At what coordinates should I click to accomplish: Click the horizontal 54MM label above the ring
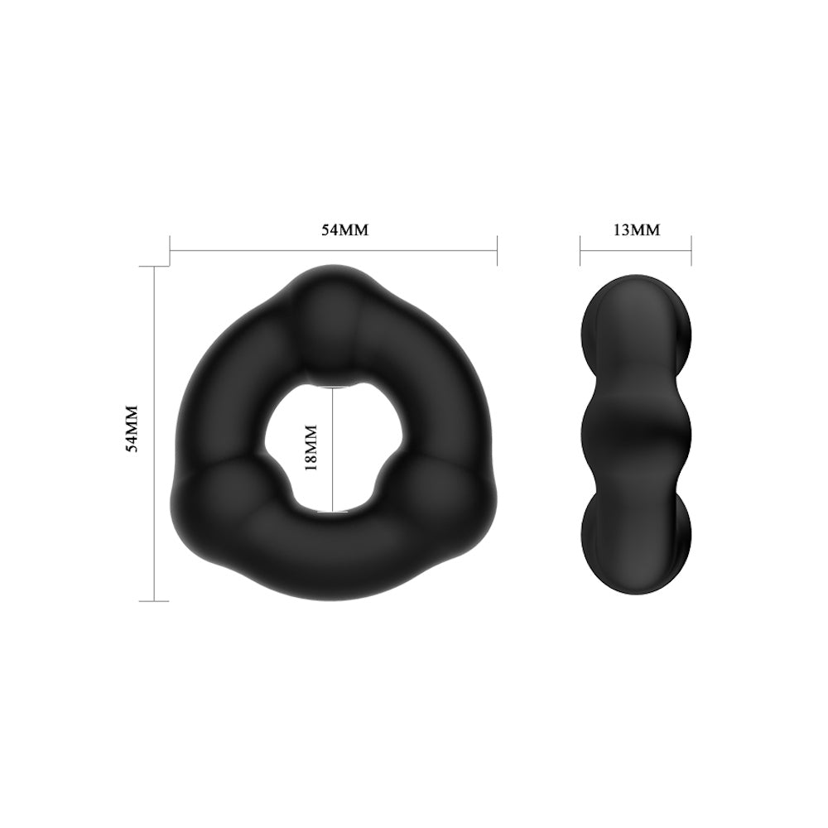click(344, 230)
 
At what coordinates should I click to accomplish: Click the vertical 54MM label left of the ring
click(130, 428)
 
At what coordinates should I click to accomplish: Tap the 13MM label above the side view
click(637, 230)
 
